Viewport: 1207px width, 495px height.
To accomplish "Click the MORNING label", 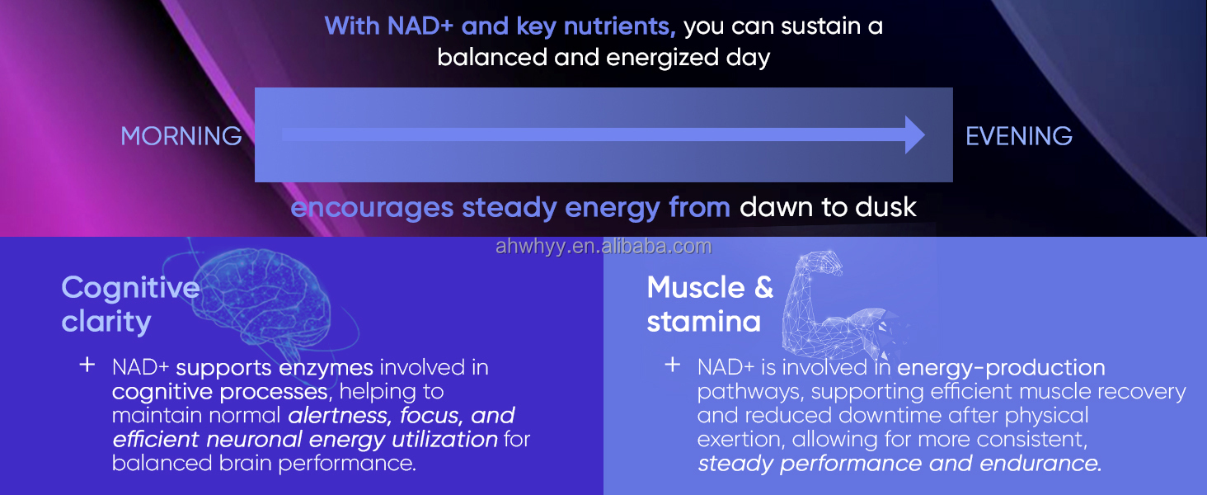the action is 181,136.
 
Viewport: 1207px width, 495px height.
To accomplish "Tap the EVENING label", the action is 1019,136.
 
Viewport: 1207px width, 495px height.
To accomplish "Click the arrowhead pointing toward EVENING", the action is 915,134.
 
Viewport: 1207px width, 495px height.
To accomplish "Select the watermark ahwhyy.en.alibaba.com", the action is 603,246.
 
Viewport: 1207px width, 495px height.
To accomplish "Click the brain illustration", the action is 264,302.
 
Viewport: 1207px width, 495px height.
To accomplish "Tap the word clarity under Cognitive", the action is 106,322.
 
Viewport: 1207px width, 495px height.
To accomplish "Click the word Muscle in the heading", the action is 696,287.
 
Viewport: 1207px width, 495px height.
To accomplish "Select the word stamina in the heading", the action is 704,322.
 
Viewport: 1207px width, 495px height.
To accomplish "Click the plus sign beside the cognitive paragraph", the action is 87,365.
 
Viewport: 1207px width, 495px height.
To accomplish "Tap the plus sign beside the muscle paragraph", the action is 673,365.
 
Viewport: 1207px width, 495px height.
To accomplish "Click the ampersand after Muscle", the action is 764,287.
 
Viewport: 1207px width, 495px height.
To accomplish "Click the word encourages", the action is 372,209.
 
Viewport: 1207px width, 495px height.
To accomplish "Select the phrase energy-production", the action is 1001,367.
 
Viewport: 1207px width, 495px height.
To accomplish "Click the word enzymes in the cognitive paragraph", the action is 326,368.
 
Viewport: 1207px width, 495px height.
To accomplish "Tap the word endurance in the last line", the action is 1040,463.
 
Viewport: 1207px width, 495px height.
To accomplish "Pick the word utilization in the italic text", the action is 444,440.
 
